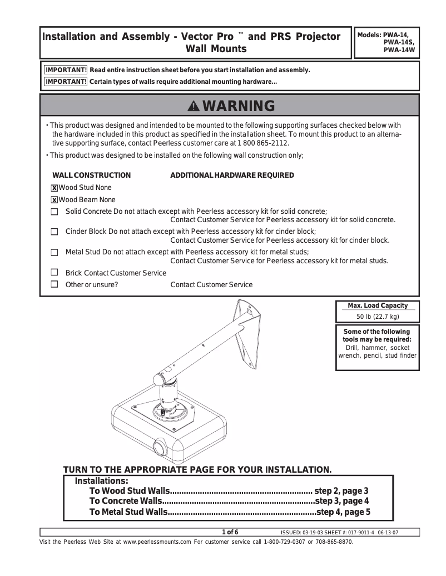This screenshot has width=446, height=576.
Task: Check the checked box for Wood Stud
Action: tap(54, 188)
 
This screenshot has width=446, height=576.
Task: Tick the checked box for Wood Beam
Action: tap(54, 200)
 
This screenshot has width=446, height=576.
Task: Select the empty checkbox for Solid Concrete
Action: tap(54, 212)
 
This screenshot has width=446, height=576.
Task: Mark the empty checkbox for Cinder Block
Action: tap(54, 232)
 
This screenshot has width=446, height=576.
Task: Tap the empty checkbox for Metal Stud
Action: tap(54, 252)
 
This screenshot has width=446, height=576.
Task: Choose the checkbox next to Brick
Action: tap(54, 273)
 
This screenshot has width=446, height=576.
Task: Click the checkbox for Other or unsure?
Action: tap(54, 284)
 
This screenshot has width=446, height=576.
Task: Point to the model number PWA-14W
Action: tap(399, 49)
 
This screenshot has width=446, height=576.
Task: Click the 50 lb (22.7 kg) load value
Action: tap(378, 317)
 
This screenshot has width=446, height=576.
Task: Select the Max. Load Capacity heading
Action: tap(378, 305)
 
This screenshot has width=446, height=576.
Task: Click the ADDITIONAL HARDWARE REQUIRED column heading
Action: tap(232, 176)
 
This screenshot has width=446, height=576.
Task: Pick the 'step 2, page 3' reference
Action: tap(341, 491)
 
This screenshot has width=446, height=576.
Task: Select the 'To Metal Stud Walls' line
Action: tap(128, 512)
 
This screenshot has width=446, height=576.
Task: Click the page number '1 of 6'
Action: tap(230, 533)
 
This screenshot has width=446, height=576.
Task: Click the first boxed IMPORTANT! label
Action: tap(66, 70)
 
